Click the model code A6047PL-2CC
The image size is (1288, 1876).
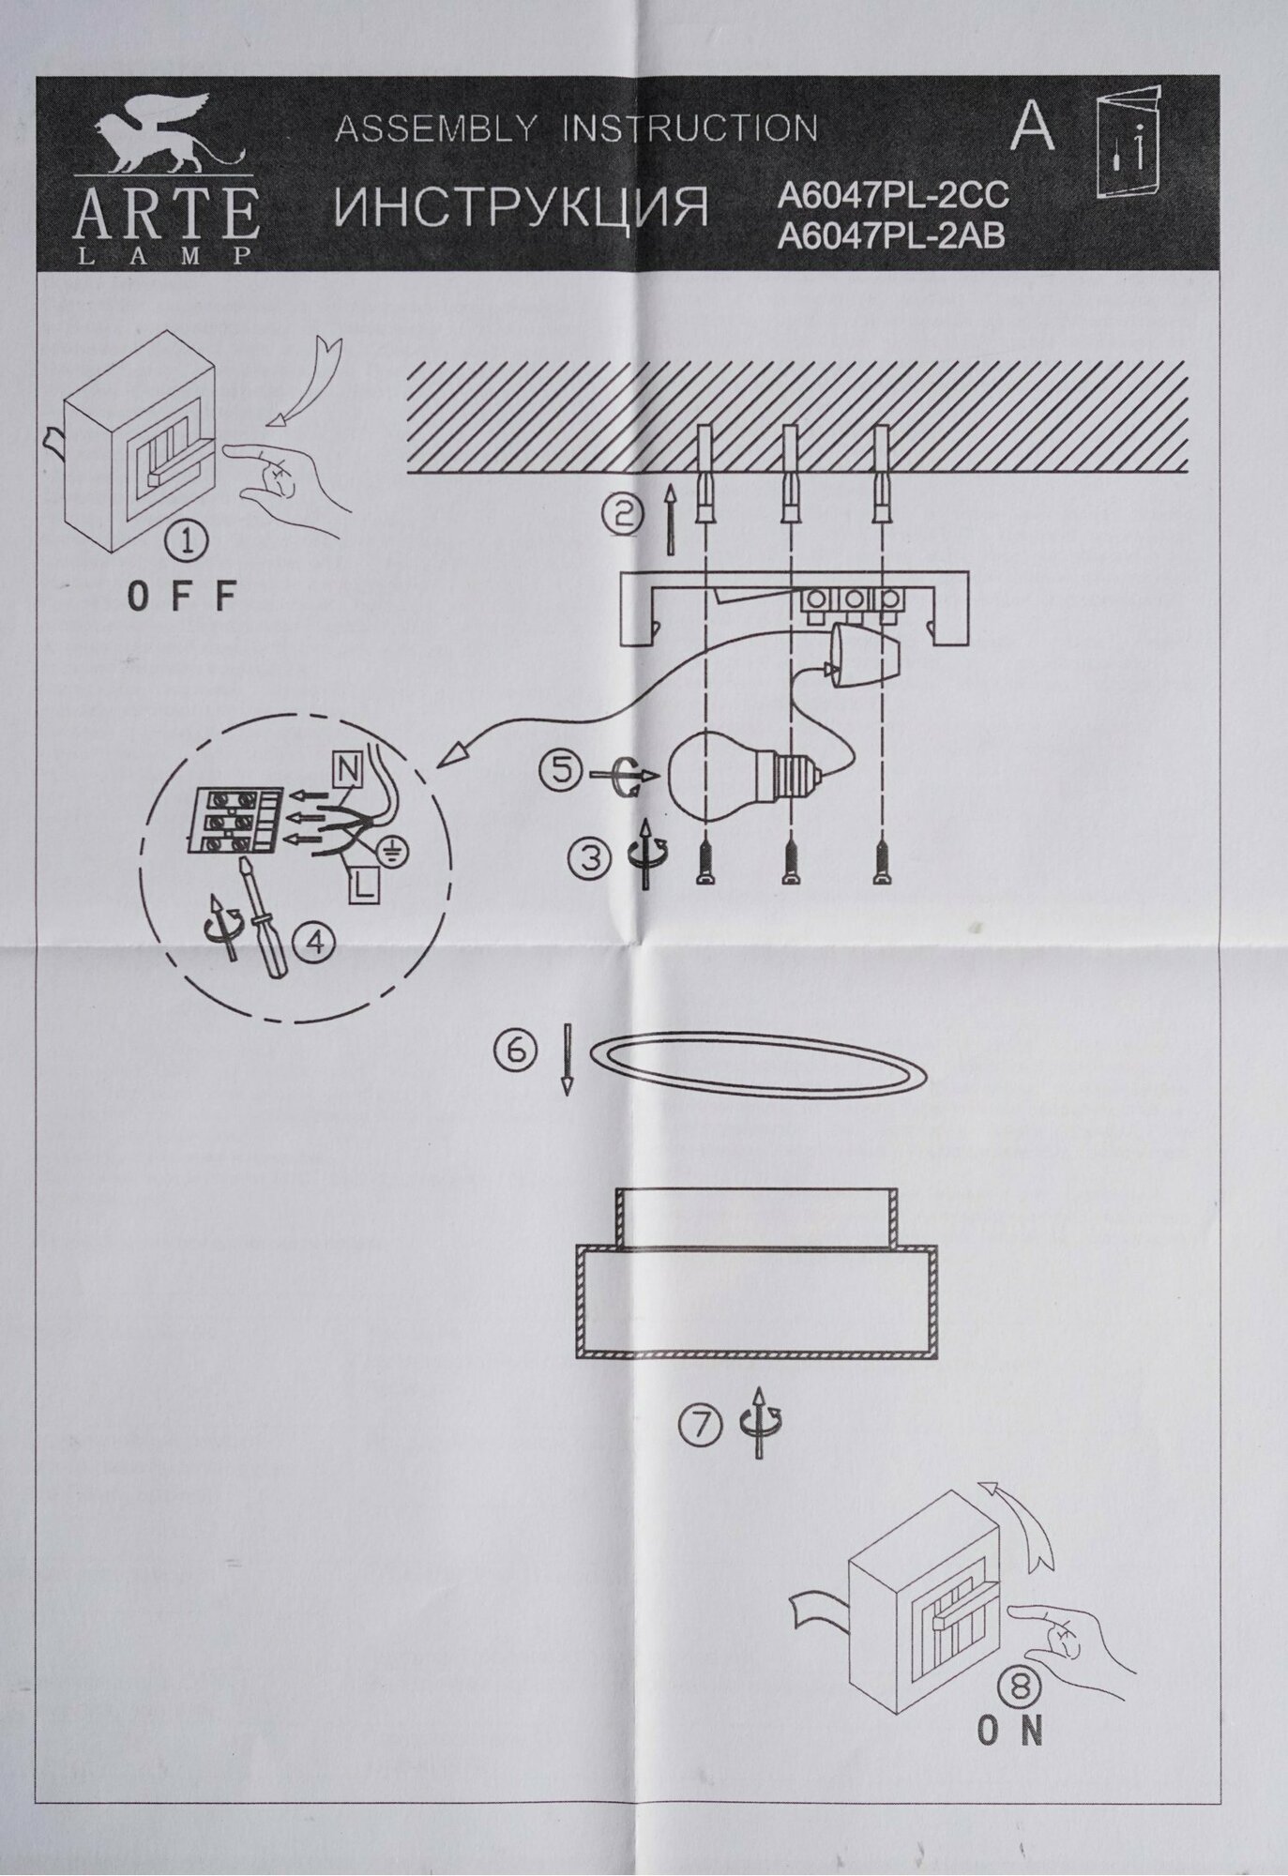[893, 196]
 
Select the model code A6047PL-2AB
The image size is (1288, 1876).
[891, 236]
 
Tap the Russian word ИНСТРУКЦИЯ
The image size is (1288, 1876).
[522, 209]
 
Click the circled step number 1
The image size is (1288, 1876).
[183, 542]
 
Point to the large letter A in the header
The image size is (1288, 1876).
[1033, 127]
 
